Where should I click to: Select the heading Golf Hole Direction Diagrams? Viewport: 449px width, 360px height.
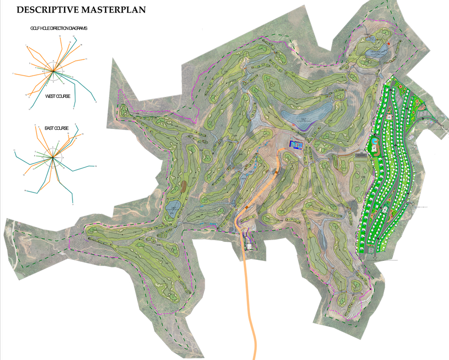coord(59,28)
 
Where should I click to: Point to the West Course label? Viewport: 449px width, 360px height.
coord(58,96)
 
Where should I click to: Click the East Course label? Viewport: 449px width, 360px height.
coord(56,129)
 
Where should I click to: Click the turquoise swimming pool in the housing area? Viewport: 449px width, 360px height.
coord(373,141)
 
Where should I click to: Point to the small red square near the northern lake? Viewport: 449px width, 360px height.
coord(389,44)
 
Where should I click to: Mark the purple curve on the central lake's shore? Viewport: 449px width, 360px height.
coord(302,125)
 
